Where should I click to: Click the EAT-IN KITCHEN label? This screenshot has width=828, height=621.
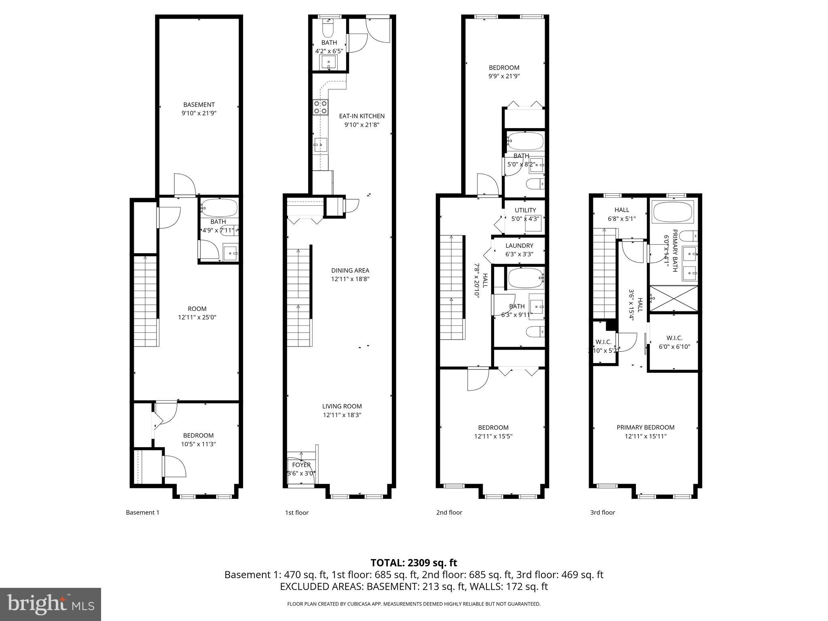point(361,116)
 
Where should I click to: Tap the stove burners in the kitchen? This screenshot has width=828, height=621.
point(320,107)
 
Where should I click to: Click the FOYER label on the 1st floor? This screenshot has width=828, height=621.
point(301,465)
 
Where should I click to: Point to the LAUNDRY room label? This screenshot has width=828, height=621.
point(519,245)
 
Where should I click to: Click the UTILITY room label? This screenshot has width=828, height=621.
point(525,210)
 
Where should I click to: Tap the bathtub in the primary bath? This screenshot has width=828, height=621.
point(673,211)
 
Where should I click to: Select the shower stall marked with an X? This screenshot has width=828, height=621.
point(674,298)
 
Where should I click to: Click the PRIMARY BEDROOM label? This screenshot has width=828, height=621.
point(645,427)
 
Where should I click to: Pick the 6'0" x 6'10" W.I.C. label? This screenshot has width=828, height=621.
point(674,346)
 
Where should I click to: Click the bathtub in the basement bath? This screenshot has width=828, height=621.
point(219,208)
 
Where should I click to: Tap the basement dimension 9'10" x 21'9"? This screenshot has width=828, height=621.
point(199,113)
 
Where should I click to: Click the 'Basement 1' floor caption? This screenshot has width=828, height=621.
point(142,512)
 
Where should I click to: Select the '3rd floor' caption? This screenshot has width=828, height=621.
point(602,512)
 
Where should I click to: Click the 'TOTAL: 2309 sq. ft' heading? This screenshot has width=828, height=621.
point(414,562)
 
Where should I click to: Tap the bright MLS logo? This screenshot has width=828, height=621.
point(51,604)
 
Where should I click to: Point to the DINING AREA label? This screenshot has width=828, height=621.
point(350,270)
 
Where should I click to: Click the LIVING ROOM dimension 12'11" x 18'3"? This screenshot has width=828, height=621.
point(342,415)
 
